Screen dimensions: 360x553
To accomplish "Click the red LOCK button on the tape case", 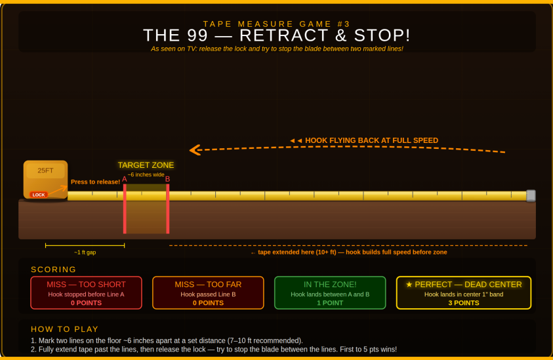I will point(39,195).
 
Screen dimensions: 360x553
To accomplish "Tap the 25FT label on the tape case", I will point(45,170).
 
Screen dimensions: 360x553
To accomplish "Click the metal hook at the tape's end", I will point(531,195).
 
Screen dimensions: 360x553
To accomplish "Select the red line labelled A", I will point(125,209).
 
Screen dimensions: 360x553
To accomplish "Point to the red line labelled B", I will point(168,209).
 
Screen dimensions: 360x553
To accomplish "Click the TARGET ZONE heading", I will point(146,165).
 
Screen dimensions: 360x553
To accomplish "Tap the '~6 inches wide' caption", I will point(146,175).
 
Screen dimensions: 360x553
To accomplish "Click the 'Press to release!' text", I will point(95,182).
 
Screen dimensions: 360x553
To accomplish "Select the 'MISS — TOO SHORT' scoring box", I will point(86,292).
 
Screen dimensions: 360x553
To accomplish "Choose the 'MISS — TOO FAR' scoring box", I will point(208,292).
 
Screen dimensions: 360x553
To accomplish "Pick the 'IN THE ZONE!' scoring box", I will point(330,292).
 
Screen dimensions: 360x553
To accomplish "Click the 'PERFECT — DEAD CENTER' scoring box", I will point(463,292).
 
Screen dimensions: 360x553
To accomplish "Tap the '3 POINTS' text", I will point(463,303).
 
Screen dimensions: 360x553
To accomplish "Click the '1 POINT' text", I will point(330,303).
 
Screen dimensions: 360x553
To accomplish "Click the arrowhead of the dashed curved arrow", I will point(194,150).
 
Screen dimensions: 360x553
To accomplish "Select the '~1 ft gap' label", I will point(85,252).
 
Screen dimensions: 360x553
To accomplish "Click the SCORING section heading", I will point(54,270).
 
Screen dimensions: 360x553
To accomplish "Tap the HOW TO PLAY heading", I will point(65,329).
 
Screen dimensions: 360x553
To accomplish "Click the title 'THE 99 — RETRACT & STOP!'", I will point(277,35).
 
